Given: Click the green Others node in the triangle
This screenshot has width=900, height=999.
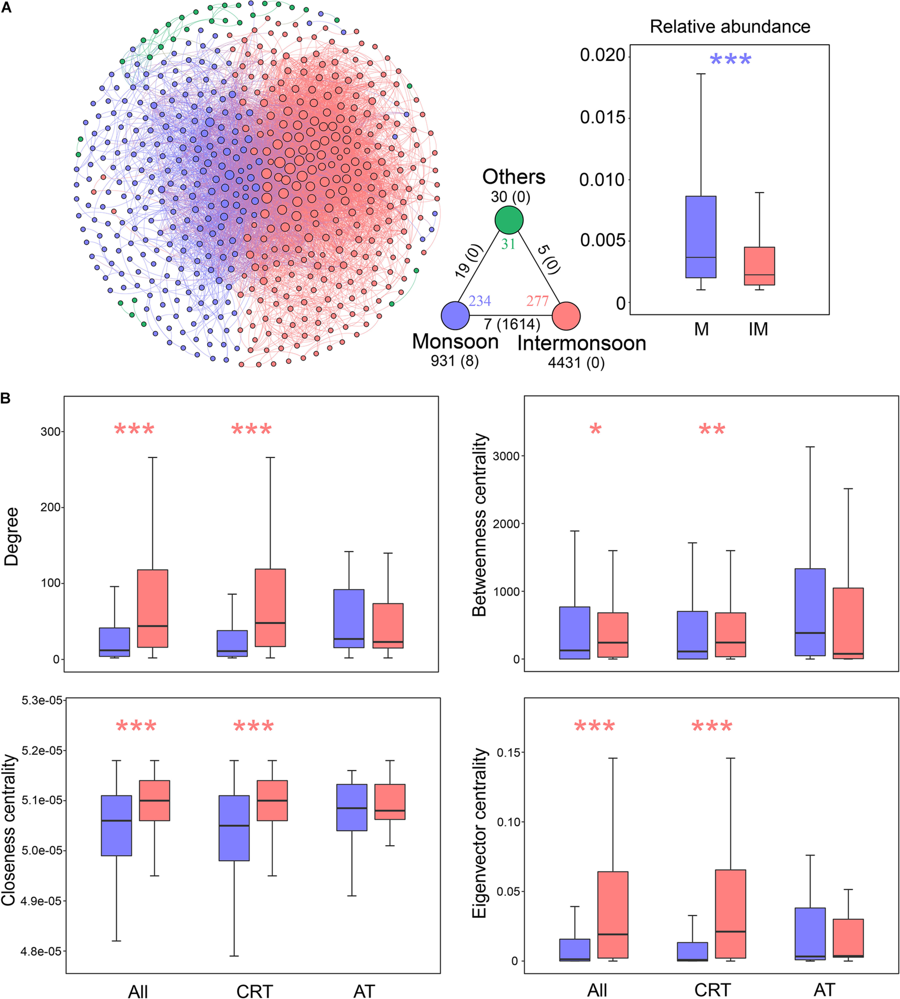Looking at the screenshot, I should [509, 220].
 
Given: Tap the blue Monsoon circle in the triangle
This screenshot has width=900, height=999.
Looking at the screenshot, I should [455, 316].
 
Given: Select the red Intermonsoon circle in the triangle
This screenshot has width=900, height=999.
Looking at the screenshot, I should [566, 316].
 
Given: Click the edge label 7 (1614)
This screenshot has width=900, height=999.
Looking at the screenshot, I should [512, 324].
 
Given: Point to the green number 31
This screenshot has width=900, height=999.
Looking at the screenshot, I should [509, 244].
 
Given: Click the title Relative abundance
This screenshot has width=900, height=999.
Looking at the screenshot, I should [730, 27].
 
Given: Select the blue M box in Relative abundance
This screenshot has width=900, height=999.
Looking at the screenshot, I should [701, 237].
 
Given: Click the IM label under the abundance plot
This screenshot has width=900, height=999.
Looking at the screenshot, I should [758, 329].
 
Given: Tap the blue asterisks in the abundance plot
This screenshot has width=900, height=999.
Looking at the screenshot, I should [730, 60].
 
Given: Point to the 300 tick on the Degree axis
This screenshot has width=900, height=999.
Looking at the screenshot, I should [50, 432].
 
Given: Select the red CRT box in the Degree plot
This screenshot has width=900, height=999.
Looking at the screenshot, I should [270, 608].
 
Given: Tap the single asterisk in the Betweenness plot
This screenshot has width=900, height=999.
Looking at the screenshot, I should [595, 429].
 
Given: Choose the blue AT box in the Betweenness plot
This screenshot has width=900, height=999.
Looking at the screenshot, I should [810, 612].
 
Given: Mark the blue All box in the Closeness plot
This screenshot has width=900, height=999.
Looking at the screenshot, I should [116, 826].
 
